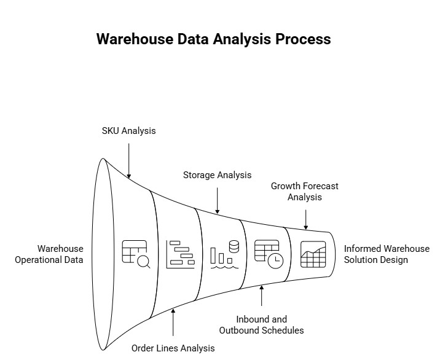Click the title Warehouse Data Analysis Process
(213, 39)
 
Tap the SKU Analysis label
(128, 131)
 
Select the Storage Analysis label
(217, 175)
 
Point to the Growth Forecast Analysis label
(305, 192)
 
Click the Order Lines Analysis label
(173, 348)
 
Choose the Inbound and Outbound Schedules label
(261, 325)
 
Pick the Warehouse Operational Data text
(49, 254)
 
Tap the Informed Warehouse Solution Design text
(387, 254)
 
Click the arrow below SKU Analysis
(128, 160)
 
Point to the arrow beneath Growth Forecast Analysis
(305, 219)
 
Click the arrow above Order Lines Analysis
(173, 322)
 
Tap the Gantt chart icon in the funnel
(180, 254)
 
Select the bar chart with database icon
(224, 253)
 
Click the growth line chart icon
(313, 254)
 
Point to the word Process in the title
(303, 39)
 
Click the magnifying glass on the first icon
(144, 262)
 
